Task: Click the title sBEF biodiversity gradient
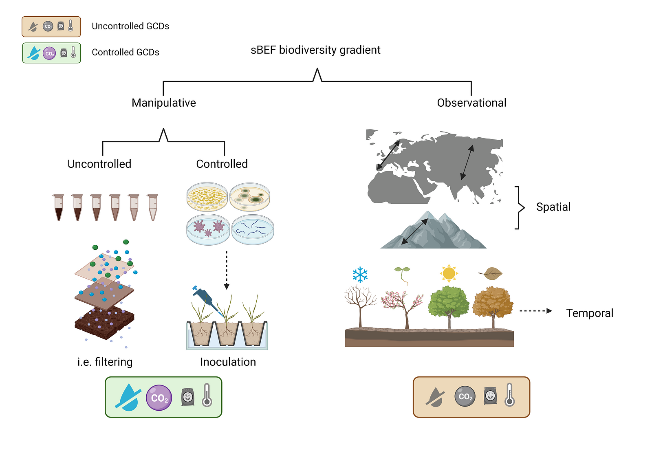pos(315,50)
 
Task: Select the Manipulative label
pos(163,103)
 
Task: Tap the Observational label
pos(471,103)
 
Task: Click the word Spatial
pos(553,207)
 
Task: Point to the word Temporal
pos(590,313)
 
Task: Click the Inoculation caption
pos(228,362)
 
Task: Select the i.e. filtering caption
pos(105,362)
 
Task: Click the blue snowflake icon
pos(360,274)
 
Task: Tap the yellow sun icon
pos(449,273)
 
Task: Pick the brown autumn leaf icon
pos(491,273)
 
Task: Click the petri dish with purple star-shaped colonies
pos(208,230)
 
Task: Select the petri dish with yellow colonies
pos(207,197)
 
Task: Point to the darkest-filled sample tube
pos(59,208)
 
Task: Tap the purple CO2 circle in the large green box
pos(159,398)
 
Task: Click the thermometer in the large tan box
pos(510,395)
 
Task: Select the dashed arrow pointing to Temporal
pos(536,311)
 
